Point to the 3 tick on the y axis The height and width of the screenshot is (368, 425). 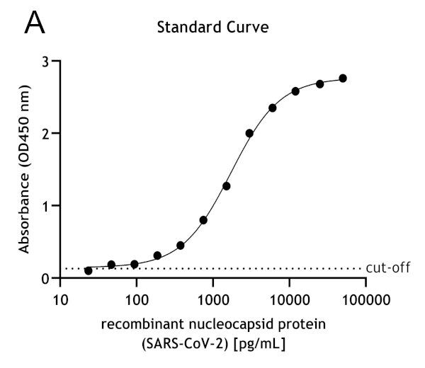coord(47,62)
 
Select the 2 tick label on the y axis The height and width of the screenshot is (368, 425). coord(47,134)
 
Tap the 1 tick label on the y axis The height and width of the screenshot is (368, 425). coord(47,206)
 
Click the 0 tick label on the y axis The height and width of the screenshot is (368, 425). coord(47,278)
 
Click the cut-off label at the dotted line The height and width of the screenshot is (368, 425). coord(388,268)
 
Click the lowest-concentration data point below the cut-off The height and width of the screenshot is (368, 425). coord(88,271)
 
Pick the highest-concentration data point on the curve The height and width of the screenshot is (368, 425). coord(343,78)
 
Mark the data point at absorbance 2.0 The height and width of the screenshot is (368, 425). coord(249,133)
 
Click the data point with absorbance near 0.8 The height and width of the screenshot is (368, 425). coord(203,220)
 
